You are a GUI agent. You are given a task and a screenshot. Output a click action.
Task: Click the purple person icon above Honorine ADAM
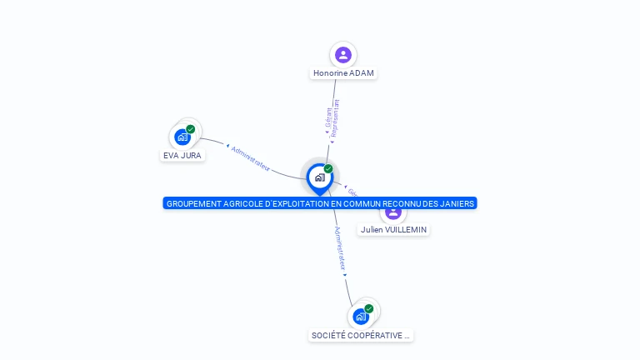(342, 55)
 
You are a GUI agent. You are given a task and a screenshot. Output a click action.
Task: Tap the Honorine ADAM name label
(343, 73)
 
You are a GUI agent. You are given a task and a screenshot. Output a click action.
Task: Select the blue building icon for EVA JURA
(182, 137)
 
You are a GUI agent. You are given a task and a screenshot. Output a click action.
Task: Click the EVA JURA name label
(182, 155)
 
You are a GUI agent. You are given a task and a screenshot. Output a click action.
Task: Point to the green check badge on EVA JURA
(191, 129)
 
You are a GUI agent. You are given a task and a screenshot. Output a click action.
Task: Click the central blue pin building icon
(319, 177)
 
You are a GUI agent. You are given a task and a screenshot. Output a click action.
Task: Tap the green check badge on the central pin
(328, 169)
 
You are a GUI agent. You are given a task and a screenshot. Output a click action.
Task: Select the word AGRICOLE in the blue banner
(241, 203)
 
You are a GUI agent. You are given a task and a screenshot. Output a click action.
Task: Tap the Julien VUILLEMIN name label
(395, 229)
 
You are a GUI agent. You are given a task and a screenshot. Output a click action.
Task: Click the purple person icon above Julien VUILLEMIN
(393, 212)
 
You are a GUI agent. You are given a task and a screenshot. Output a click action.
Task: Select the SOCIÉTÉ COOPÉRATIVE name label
(361, 335)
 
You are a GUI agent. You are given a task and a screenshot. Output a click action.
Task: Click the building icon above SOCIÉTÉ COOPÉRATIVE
(361, 317)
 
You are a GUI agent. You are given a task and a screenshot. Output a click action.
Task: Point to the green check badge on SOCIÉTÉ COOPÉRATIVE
(369, 309)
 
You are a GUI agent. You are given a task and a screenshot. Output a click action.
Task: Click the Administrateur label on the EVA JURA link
(250, 158)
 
